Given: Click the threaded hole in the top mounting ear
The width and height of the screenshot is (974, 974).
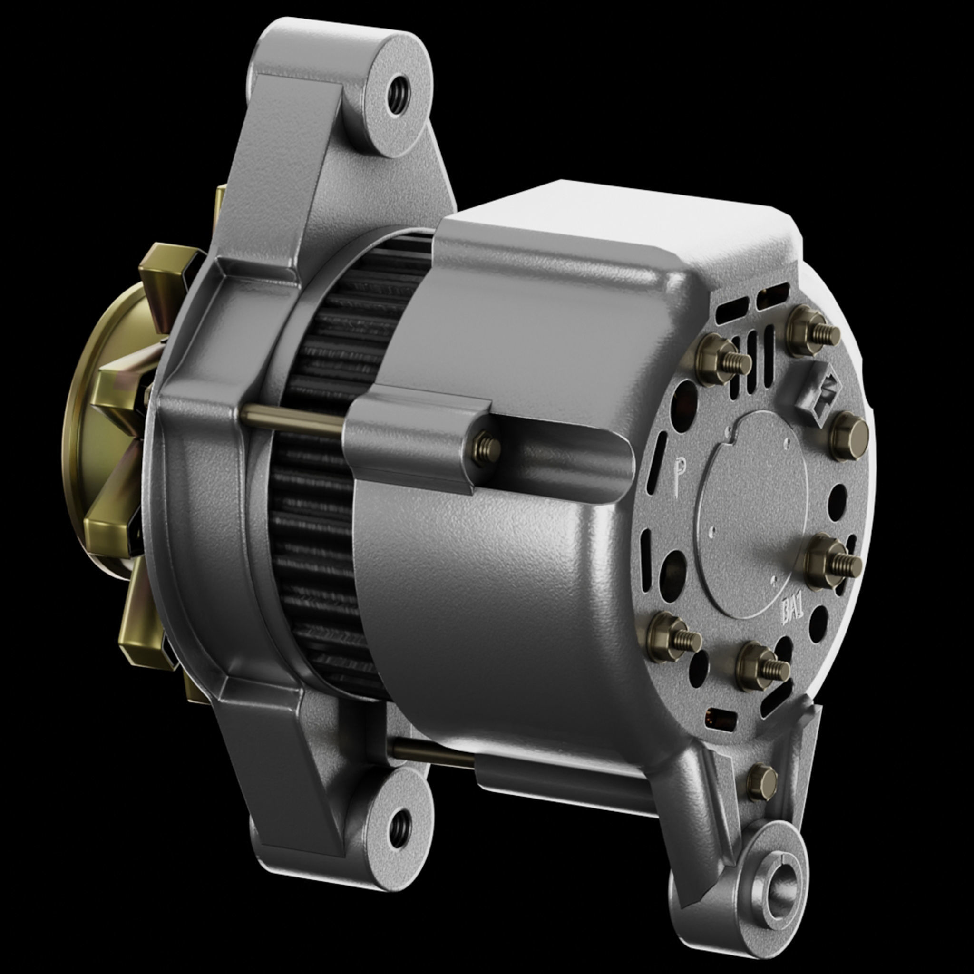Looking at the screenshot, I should coord(398,95).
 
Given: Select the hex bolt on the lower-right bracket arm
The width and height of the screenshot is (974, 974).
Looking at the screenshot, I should coord(761,782).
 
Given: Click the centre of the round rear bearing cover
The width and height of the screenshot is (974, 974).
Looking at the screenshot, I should coord(751,514).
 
